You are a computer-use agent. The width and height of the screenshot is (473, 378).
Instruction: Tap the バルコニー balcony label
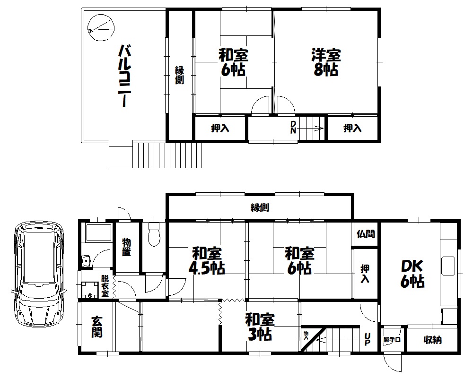[x=124, y=76]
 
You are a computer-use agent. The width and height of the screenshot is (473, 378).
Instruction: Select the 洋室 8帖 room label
[x=326, y=62]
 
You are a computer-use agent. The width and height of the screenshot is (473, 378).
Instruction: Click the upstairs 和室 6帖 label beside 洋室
[x=233, y=62]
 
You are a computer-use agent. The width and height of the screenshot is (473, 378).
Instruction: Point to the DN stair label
[x=293, y=127]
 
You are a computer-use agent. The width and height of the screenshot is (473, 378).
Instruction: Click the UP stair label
[x=367, y=339]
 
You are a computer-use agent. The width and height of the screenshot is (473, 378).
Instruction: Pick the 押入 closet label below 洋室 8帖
[x=352, y=129]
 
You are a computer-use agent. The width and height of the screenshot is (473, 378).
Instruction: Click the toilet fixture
[x=154, y=235]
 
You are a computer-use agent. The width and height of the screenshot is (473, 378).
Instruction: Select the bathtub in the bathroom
[x=99, y=232]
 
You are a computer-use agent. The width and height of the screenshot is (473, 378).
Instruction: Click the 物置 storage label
[x=126, y=247]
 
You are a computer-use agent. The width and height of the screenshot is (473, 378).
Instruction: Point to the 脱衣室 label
[x=105, y=286]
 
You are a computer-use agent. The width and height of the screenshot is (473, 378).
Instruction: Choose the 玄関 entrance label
[x=97, y=327]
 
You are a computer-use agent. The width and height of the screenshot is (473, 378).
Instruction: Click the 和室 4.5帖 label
[x=207, y=261]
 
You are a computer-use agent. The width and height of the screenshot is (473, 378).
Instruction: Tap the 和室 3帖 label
[x=260, y=327]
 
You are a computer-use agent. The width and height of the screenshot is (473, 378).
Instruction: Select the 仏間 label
[x=366, y=233]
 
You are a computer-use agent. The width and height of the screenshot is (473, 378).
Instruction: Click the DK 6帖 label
[x=412, y=274]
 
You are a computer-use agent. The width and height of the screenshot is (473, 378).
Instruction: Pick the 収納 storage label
[x=433, y=340]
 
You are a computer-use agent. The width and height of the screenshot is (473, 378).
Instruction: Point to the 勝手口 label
[x=392, y=340]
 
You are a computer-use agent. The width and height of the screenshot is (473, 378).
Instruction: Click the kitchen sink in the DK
[x=448, y=266]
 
